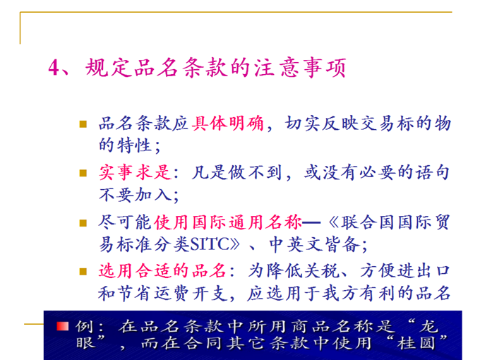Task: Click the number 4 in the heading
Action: tap(54, 67)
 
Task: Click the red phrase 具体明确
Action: tap(228, 124)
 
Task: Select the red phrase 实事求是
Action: tap(135, 172)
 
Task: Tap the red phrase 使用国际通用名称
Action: tap(228, 222)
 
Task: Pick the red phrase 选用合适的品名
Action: tap(162, 271)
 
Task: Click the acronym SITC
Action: tap(209, 244)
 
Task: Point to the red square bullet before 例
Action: tap(63, 326)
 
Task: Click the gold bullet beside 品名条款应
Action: tap(83, 124)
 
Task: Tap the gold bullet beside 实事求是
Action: tap(83, 173)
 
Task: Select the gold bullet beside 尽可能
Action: tap(83, 222)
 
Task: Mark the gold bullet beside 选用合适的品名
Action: tap(83, 272)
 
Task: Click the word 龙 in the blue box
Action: tap(428, 326)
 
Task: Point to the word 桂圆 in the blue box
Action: tap(416, 343)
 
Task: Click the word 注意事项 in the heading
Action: tap(300, 67)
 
